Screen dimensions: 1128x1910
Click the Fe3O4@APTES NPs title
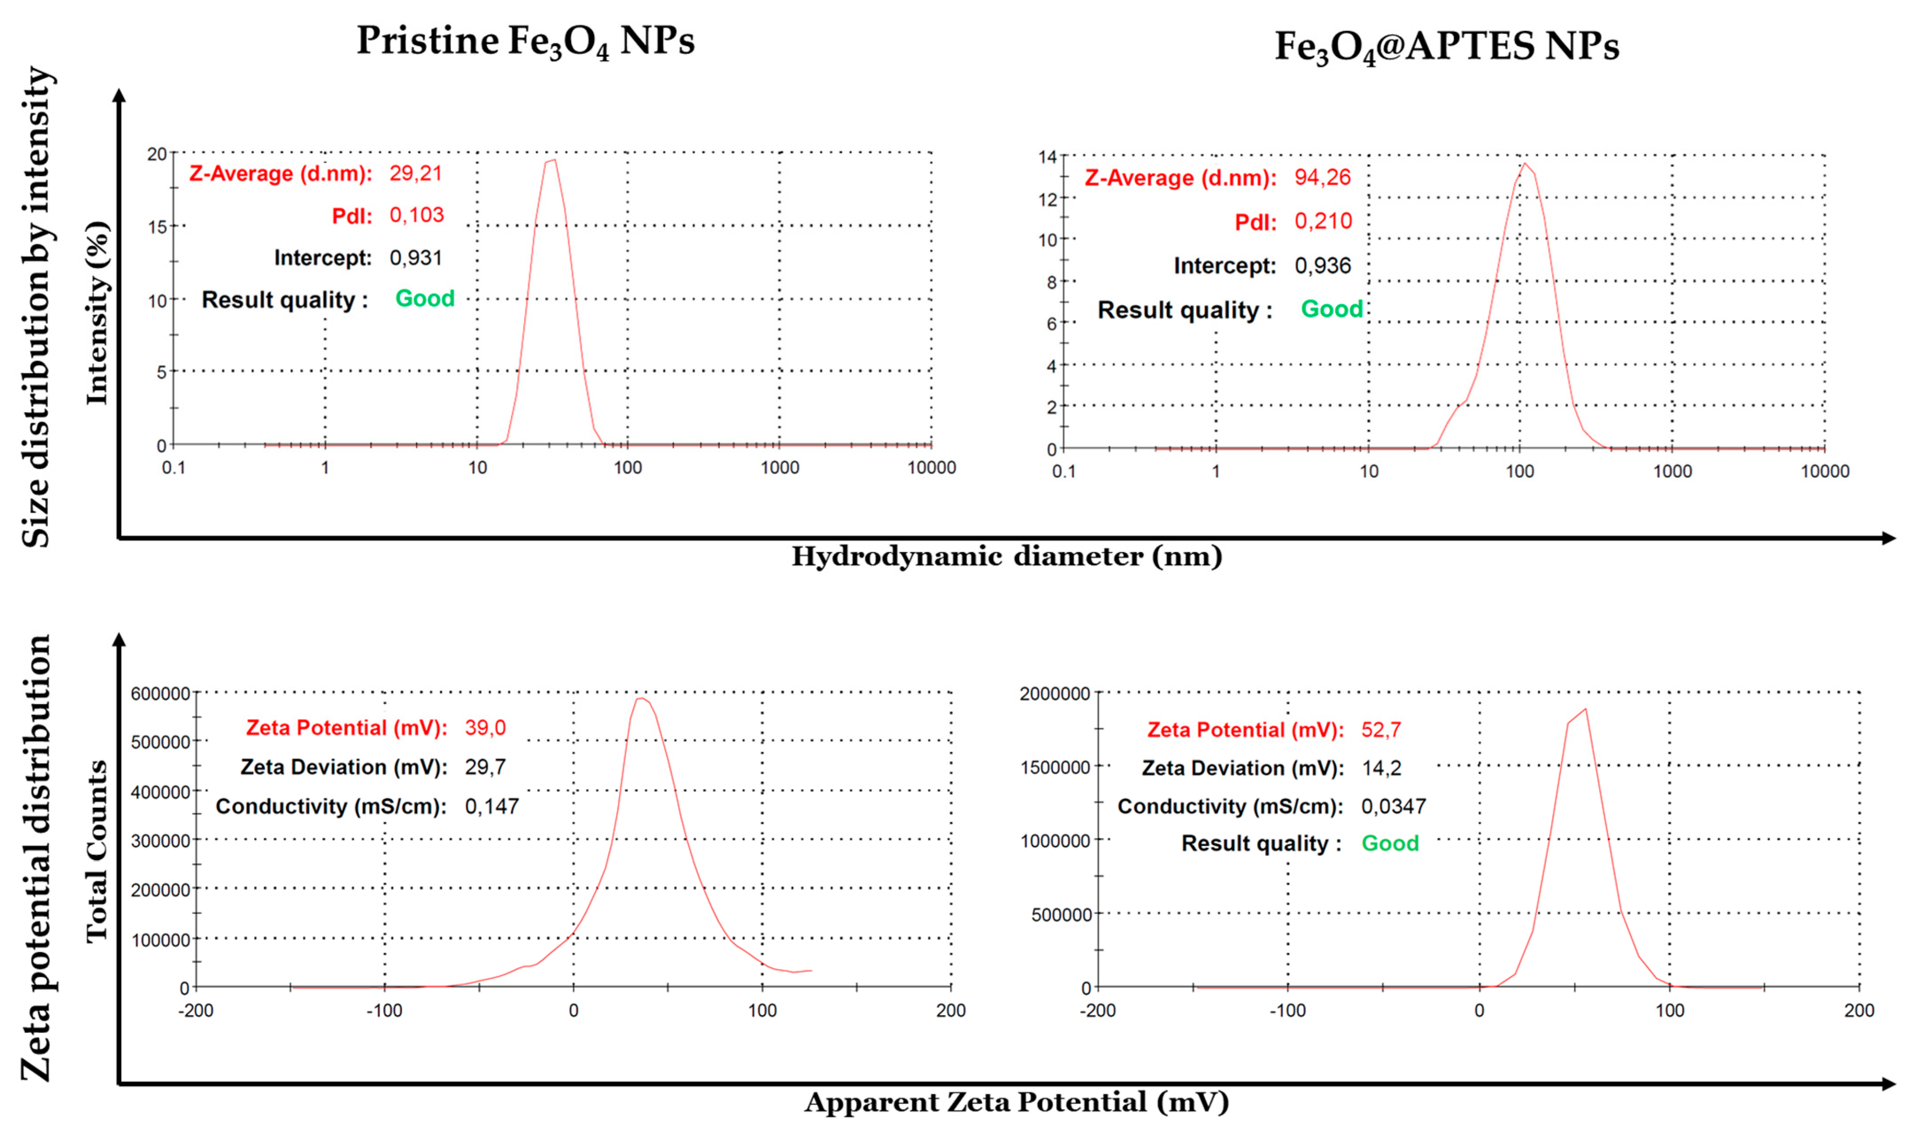pyautogui.click(x=1447, y=47)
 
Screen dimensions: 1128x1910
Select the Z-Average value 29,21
pyautogui.click(x=416, y=173)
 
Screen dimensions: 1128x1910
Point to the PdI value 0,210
pyautogui.click(x=1323, y=221)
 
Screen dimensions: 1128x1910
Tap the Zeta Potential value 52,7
pyautogui.click(x=1381, y=730)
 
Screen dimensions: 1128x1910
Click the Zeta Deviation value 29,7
pyautogui.click(x=485, y=767)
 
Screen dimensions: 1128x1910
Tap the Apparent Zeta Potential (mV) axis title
pyautogui.click(x=1016, y=1101)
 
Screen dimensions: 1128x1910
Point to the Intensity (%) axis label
pyautogui.click(x=97, y=313)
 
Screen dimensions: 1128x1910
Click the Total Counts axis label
pyautogui.click(x=97, y=851)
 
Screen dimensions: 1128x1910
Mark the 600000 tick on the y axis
pyautogui.click(x=160, y=693)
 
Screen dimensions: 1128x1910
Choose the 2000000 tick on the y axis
pyautogui.click(x=1055, y=693)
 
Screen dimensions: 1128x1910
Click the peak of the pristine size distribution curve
pyautogui.click(x=552, y=160)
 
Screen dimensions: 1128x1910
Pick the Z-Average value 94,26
pyautogui.click(x=1323, y=178)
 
